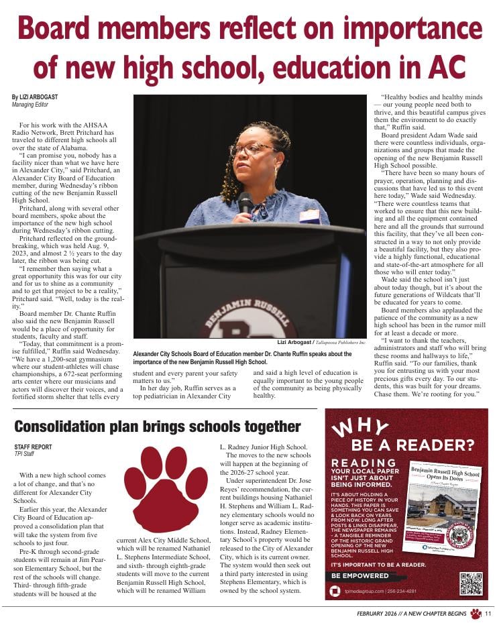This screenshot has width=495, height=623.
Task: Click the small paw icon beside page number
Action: [476, 614]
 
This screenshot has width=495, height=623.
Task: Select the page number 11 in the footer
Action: [488, 614]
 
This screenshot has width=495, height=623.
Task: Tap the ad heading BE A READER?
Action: [412, 445]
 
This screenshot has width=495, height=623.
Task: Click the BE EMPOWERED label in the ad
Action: [360, 576]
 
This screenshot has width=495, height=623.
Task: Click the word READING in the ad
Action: [364, 463]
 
